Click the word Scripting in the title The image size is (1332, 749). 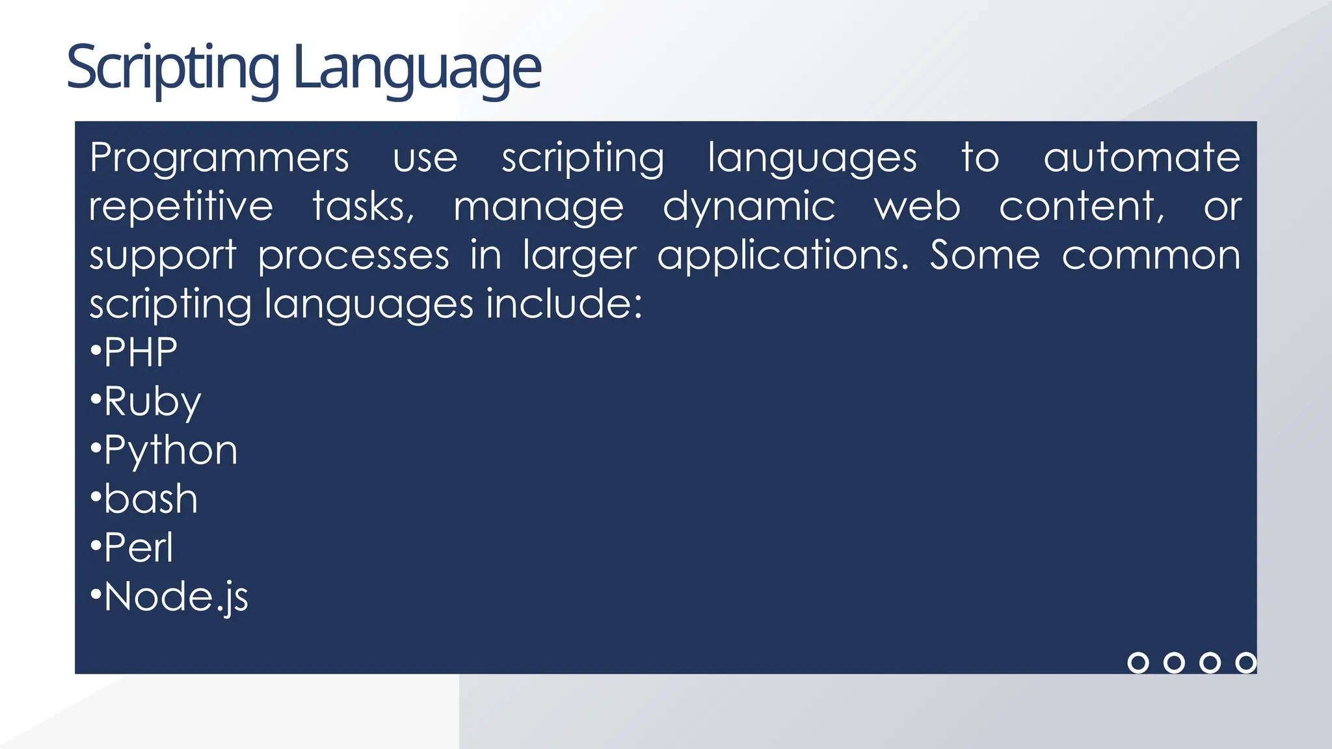[x=172, y=68]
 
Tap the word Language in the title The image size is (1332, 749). [x=417, y=68]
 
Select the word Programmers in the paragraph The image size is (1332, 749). [x=219, y=158]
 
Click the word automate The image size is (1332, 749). [x=1142, y=158]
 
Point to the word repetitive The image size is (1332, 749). [x=181, y=207]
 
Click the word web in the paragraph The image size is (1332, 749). [x=917, y=207]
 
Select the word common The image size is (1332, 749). [x=1151, y=256]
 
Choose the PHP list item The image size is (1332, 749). [x=140, y=352]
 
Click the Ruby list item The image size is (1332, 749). [x=152, y=402]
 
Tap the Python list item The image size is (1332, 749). [x=170, y=451]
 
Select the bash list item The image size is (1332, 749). [x=150, y=499]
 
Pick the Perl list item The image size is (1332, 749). [x=139, y=547]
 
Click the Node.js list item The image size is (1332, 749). [x=176, y=597]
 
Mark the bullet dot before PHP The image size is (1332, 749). [x=96, y=351]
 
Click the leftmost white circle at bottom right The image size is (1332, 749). [x=1138, y=663]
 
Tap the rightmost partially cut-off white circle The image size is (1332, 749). [x=1246, y=663]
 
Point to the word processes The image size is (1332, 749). [x=353, y=256]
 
